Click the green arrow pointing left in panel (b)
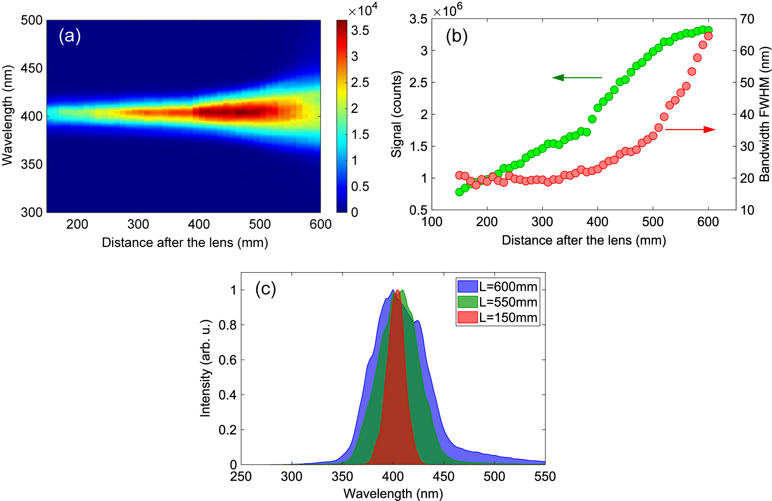tap(576, 77)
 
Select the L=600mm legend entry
tap(498, 287)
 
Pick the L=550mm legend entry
tap(498, 302)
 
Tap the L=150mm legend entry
tap(498, 317)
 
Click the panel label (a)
tap(70, 36)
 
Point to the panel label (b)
tap(456, 36)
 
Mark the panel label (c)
tap(266, 289)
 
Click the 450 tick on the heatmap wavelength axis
tap(31, 68)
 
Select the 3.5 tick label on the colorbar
tap(360, 31)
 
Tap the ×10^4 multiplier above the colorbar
tap(362, 9)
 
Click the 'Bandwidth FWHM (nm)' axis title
tap(764, 114)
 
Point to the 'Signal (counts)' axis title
tap(397, 114)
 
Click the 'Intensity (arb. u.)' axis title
tap(205, 368)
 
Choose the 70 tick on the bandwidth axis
tap(747, 19)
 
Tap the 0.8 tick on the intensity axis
tap(227, 325)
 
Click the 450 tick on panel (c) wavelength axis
tap(443, 477)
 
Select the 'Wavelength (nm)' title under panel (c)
tap(393, 494)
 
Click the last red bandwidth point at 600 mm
tap(708, 36)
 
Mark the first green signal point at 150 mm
tap(459, 192)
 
